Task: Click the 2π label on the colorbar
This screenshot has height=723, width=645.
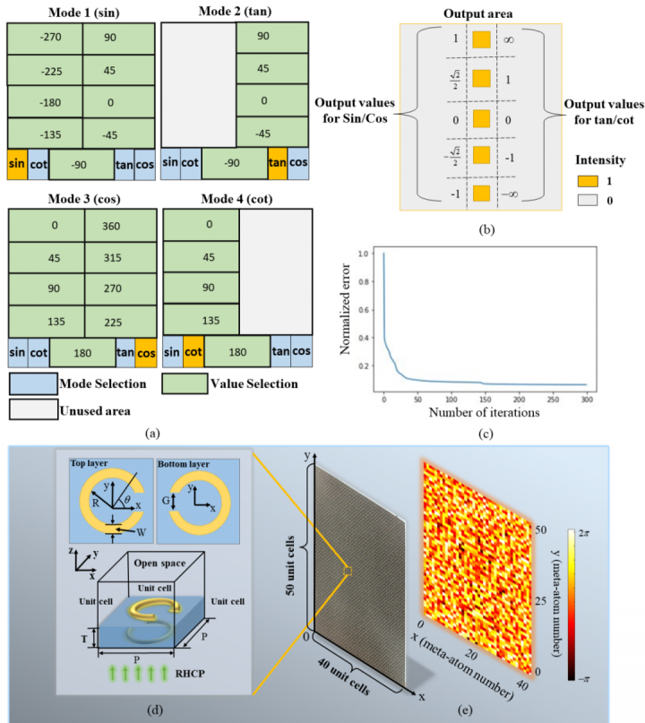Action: click(615, 532)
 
